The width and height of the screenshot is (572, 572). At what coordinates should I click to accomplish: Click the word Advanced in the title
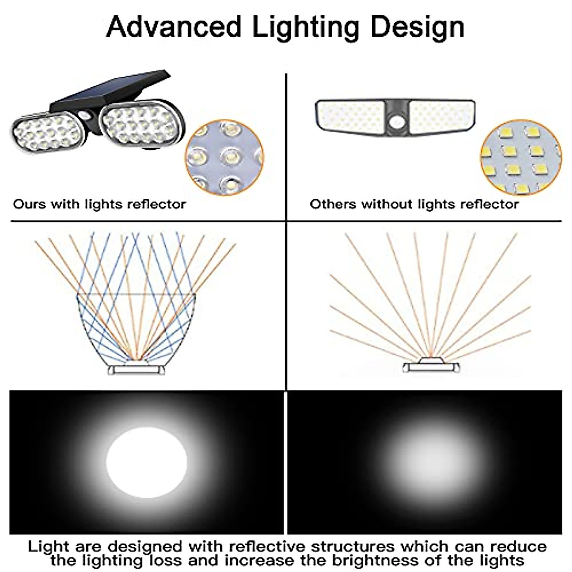pyautogui.click(x=174, y=27)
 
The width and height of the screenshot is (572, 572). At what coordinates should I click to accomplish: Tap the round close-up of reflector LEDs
pyautogui.click(x=224, y=157)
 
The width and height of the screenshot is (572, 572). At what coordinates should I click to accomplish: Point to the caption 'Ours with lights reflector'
pyautogui.click(x=99, y=204)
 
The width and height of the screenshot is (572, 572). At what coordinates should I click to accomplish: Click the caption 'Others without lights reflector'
pyautogui.click(x=414, y=204)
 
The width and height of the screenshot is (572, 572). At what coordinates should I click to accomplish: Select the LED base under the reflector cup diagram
pyautogui.click(x=136, y=369)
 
